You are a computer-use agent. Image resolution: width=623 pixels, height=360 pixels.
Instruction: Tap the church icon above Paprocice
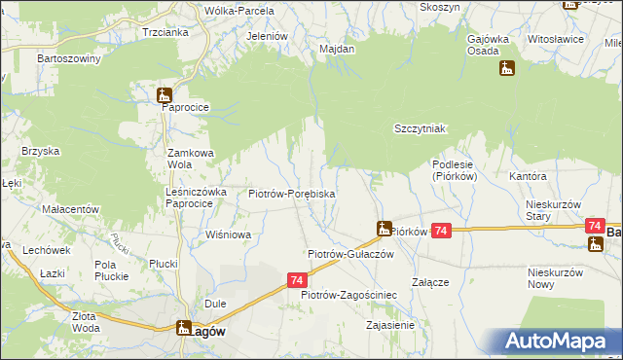pyautogui.click(x=165, y=95)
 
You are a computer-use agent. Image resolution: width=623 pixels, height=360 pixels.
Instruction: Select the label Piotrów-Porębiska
pyautogui.click(x=292, y=194)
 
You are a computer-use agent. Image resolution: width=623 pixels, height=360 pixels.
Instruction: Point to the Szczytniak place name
pyautogui.click(x=420, y=128)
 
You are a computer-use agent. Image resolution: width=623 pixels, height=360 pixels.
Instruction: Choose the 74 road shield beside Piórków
pyautogui.click(x=442, y=231)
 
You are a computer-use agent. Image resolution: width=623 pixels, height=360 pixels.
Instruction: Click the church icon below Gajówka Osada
pyautogui.click(x=506, y=68)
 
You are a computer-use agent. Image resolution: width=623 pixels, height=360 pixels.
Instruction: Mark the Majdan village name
pyautogui.click(x=336, y=48)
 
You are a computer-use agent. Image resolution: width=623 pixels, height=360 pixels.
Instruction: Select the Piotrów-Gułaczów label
pyautogui.click(x=349, y=253)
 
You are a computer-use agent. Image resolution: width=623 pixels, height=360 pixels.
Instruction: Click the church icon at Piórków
pyautogui.click(x=384, y=230)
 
